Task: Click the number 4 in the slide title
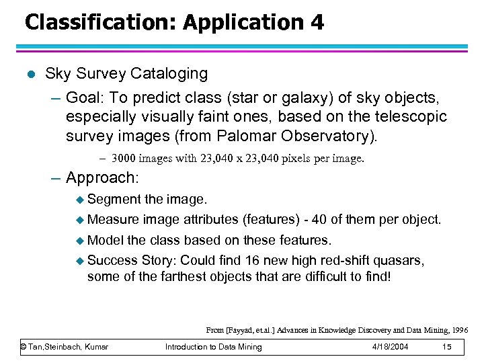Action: pyautogui.click(x=316, y=22)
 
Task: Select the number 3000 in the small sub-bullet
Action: pyautogui.click(x=124, y=159)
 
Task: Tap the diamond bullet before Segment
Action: pyautogui.click(x=80, y=200)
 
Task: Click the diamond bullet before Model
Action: pyautogui.click(x=80, y=240)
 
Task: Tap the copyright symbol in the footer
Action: pyautogui.click(x=24, y=347)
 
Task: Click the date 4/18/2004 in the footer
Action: pyautogui.click(x=390, y=347)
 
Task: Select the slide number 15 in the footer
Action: pyautogui.click(x=446, y=347)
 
